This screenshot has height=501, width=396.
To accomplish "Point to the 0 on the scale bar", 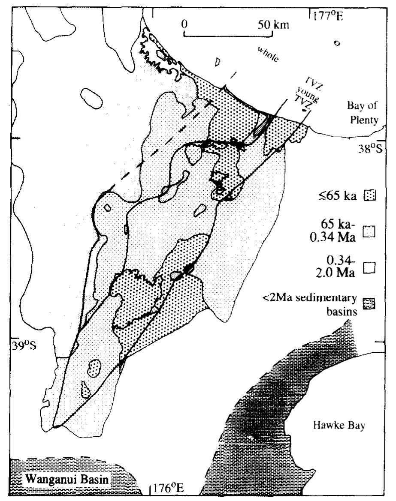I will tap(184, 24).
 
